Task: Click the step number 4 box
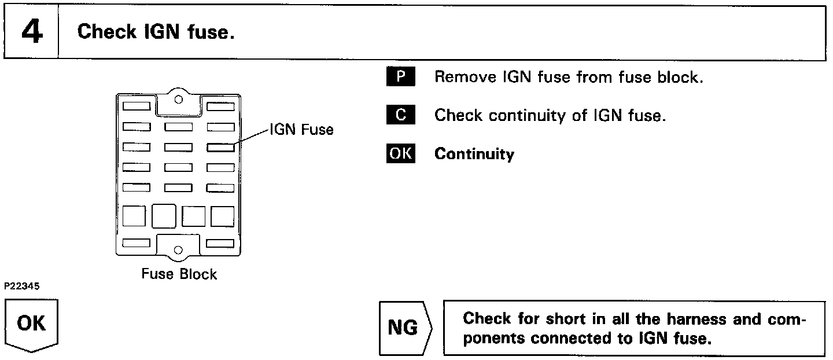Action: pos(32,32)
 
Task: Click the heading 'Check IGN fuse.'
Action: pos(156,32)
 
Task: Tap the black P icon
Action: pos(400,77)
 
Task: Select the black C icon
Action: pos(400,115)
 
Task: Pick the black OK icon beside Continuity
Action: pos(400,154)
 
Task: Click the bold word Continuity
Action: pos(474,154)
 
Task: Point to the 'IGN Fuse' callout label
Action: pos(301,130)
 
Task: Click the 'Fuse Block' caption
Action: pos(179,274)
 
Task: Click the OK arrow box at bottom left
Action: pos(32,324)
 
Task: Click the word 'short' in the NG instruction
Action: pos(547,319)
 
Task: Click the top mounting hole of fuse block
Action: pos(179,99)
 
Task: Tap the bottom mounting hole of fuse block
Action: pos(179,249)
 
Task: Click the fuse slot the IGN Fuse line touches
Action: pos(220,147)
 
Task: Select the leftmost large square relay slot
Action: pos(134,216)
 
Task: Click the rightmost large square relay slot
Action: pos(222,216)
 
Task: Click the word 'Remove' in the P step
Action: pos(461,77)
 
